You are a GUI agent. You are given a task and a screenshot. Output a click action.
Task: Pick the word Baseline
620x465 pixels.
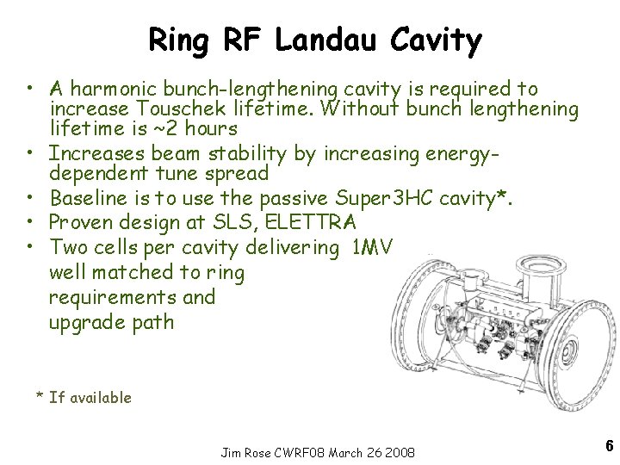[x=87, y=200]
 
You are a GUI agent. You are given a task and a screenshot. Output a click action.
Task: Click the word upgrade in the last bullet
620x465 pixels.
[x=87, y=323]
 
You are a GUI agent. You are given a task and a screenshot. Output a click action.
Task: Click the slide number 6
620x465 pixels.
[x=609, y=445]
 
